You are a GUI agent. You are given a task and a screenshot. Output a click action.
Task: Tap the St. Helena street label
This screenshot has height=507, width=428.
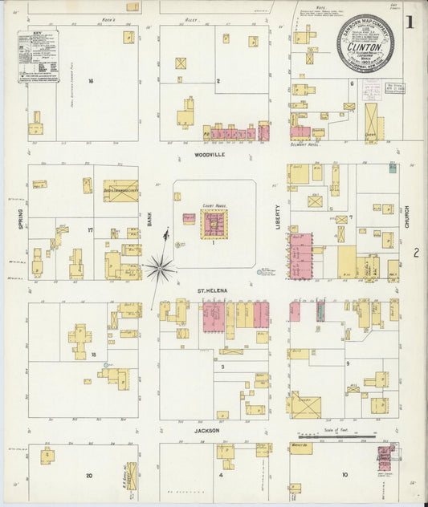tap(214, 292)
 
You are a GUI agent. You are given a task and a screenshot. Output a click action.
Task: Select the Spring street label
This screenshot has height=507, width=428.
tap(20, 220)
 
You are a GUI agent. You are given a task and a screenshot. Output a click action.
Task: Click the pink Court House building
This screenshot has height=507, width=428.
tap(214, 224)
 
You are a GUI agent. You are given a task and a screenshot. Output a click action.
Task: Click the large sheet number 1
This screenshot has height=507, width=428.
tap(410, 22)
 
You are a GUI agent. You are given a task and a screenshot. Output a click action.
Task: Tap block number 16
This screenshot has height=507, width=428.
tap(92, 81)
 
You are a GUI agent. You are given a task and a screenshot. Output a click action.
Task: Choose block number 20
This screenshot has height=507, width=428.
tap(89, 475)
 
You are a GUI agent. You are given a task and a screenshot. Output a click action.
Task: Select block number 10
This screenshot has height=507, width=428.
tap(344, 475)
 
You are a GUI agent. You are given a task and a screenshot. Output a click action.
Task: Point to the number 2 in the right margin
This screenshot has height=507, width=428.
tap(416, 253)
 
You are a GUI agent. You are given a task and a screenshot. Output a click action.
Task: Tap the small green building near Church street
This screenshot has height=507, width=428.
tap(392, 168)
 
